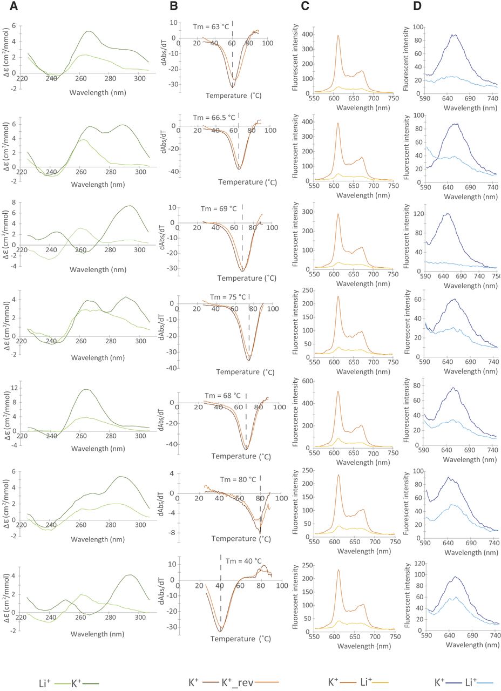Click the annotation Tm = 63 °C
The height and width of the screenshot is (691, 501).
click(x=212, y=25)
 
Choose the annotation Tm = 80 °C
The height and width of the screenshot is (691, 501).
click(x=238, y=479)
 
